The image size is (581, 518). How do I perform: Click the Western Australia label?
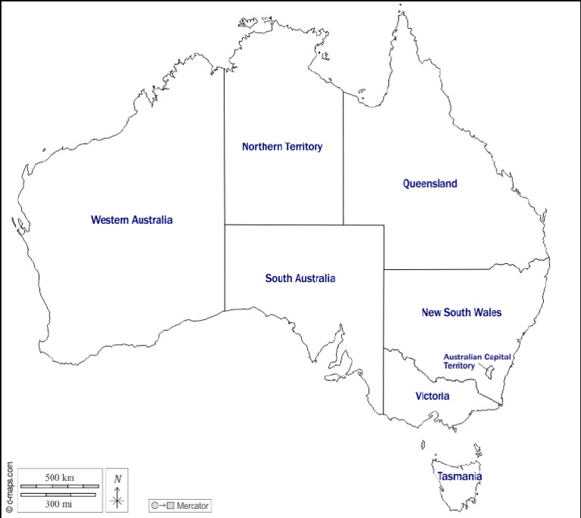click(x=132, y=220)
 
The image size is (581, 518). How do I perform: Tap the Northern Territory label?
click(x=282, y=147)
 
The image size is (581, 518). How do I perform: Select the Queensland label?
click(x=430, y=184)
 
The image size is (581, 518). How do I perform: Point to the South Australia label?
click(x=300, y=278)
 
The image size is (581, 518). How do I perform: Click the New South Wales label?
click(x=461, y=312)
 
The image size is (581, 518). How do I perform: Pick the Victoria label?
click(x=433, y=396)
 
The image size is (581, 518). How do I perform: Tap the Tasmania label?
click(x=459, y=476)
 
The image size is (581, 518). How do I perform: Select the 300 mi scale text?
click(x=59, y=504)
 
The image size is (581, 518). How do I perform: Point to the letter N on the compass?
click(x=117, y=479)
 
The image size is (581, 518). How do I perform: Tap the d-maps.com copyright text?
click(x=8, y=478)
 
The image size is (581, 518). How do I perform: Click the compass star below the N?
click(x=117, y=500)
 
